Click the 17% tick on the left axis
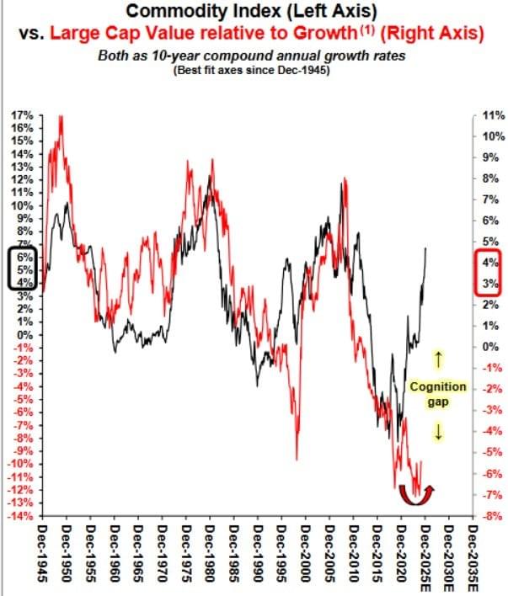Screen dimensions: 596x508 23,114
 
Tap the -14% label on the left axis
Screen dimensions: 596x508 21,515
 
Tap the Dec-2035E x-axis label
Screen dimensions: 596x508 475,559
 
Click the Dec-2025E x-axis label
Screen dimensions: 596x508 427,559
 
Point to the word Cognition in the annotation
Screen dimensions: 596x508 437,387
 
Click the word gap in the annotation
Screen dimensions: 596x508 437,402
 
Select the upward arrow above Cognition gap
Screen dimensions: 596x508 437,359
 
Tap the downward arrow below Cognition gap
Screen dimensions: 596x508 437,432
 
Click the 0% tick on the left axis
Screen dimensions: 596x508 24,334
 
